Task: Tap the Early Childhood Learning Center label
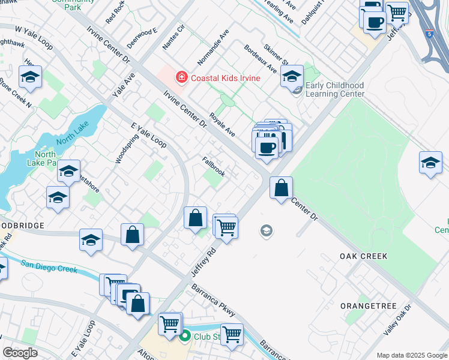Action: click(335, 89)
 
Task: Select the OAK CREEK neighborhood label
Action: click(363, 256)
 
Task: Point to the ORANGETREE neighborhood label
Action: click(369, 306)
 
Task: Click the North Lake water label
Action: click(72, 142)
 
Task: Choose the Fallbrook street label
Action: click(214, 167)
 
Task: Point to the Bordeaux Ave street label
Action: click(261, 58)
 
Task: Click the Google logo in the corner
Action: click(20, 353)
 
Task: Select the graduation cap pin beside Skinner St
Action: click(292, 77)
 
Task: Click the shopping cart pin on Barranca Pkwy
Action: click(231, 334)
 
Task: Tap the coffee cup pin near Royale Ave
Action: click(267, 147)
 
